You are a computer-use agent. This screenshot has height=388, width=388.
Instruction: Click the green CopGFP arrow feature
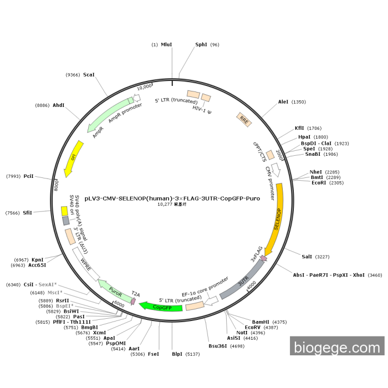pos(160,307)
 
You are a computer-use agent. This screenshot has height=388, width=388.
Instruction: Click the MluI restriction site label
pos(166,44)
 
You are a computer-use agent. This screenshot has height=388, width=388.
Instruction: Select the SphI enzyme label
pos(201,44)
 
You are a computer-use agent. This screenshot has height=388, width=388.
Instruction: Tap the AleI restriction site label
pos(283,102)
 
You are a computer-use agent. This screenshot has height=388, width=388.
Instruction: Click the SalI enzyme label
pos(307,257)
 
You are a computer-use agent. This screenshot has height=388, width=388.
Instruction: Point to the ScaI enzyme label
pos(89,74)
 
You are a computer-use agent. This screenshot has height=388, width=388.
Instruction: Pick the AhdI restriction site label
pos(59,105)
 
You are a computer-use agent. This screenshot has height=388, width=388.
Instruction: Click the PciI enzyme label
pos(29,176)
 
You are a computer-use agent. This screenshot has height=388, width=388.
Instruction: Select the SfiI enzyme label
pos(28,213)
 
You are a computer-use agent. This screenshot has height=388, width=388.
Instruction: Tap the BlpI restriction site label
pos(177,354)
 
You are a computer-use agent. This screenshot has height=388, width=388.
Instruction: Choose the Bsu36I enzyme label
pos(217,346)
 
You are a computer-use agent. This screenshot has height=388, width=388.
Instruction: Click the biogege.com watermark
pos(336,348)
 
